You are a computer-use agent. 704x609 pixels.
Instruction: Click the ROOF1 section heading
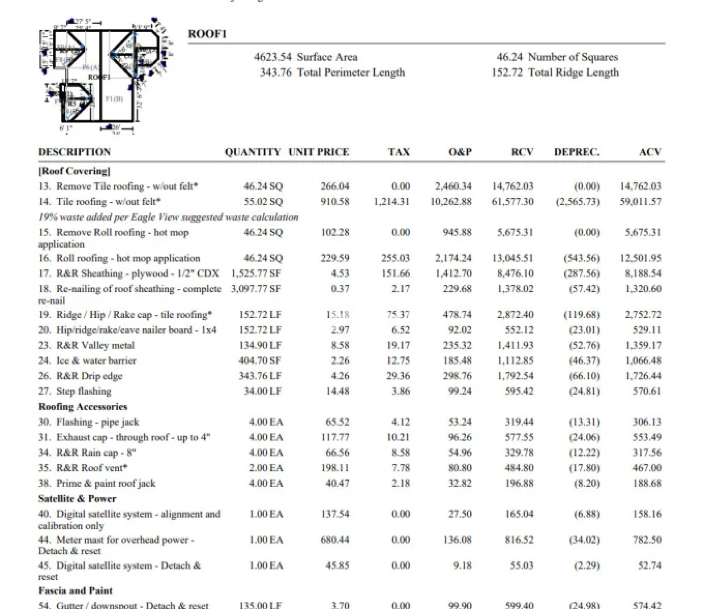point(207,34)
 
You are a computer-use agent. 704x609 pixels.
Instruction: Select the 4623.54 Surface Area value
point(272,57)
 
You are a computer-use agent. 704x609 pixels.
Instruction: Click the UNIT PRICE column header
point(318,152)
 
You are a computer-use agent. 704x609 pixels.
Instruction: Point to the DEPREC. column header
point(576,152)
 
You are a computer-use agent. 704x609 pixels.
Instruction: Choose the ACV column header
point(650,152)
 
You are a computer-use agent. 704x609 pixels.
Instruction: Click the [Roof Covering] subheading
point(74,171)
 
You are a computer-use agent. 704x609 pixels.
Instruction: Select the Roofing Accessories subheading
point(82,406)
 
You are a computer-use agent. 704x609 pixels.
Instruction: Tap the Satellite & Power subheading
point(77,499)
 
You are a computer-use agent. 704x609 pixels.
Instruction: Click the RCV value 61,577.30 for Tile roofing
point(512,201)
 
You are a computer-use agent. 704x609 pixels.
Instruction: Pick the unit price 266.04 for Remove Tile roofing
point(335,186)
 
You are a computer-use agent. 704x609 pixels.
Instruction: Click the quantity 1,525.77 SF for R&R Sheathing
point(256,273)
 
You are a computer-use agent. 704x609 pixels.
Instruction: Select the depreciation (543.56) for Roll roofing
point(582,258)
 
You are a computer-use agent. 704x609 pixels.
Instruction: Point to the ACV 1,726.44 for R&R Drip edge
point(643,376)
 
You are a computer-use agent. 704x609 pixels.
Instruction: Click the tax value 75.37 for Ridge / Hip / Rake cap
point(398,314)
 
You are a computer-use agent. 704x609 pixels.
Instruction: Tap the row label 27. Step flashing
point(75,391)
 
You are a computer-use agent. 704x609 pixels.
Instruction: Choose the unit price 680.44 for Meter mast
point(335,540)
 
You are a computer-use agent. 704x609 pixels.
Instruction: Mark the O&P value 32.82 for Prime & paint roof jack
point(460,483)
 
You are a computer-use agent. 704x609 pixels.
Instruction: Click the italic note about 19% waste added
point(168,217)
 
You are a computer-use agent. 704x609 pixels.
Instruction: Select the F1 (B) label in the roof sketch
point(114,99)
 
